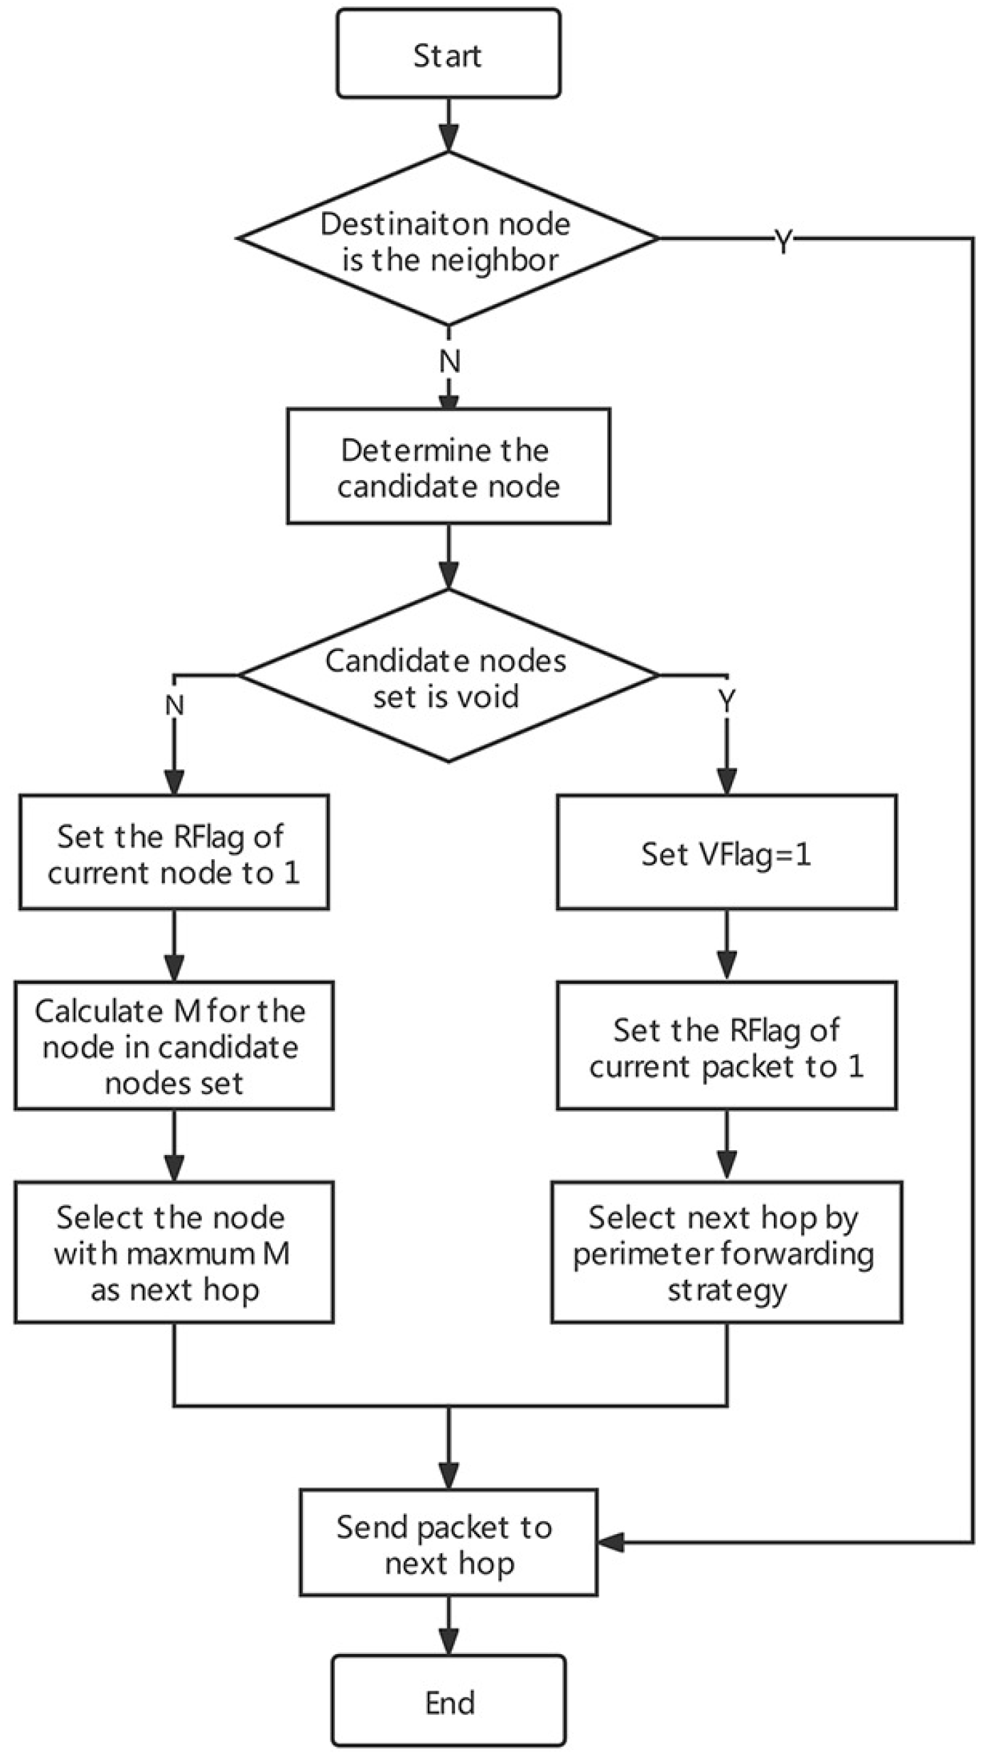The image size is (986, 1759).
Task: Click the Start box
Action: tap(448, 54)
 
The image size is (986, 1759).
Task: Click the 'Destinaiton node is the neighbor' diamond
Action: tap(448, 239)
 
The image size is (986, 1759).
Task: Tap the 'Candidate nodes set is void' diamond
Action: tap(448, 676)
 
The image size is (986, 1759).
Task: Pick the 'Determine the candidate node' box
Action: tap(448, 467)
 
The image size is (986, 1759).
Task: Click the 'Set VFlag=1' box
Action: tap(726, 852)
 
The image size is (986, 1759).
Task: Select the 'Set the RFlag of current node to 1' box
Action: tap(174, 852)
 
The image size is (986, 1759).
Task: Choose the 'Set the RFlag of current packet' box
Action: tap(726, 1046)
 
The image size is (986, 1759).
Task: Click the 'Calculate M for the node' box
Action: tap(174, 1046)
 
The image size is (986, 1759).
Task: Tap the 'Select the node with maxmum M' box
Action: tap(174, 1253)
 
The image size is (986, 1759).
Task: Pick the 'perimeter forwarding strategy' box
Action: tap(726, 1253)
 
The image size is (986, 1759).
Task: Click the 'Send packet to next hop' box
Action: tap(449, 1544)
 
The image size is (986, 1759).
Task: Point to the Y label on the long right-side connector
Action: tap(784, 241)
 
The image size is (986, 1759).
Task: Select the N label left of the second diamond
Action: tap(175, 705)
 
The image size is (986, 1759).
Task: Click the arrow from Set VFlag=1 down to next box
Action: tap(726, 945)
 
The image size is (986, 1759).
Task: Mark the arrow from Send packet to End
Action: tap(449, 1626)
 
